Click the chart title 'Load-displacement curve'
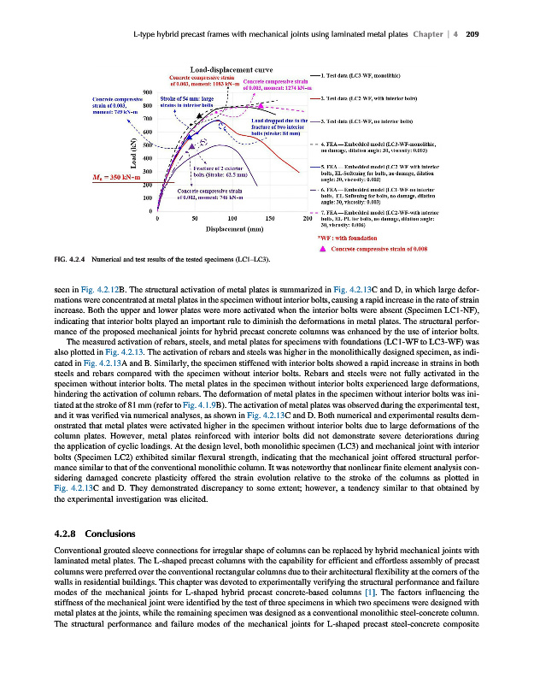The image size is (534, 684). [231, 69]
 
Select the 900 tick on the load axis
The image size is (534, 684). [147, 91]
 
